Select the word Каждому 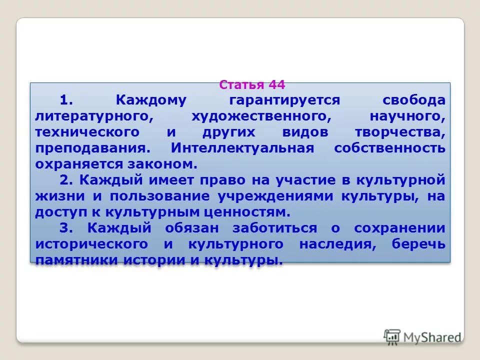coord(151,100)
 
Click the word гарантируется coord(284,100)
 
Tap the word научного coord(406,116)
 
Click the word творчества coord(398,132)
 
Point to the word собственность coord(389,148)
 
